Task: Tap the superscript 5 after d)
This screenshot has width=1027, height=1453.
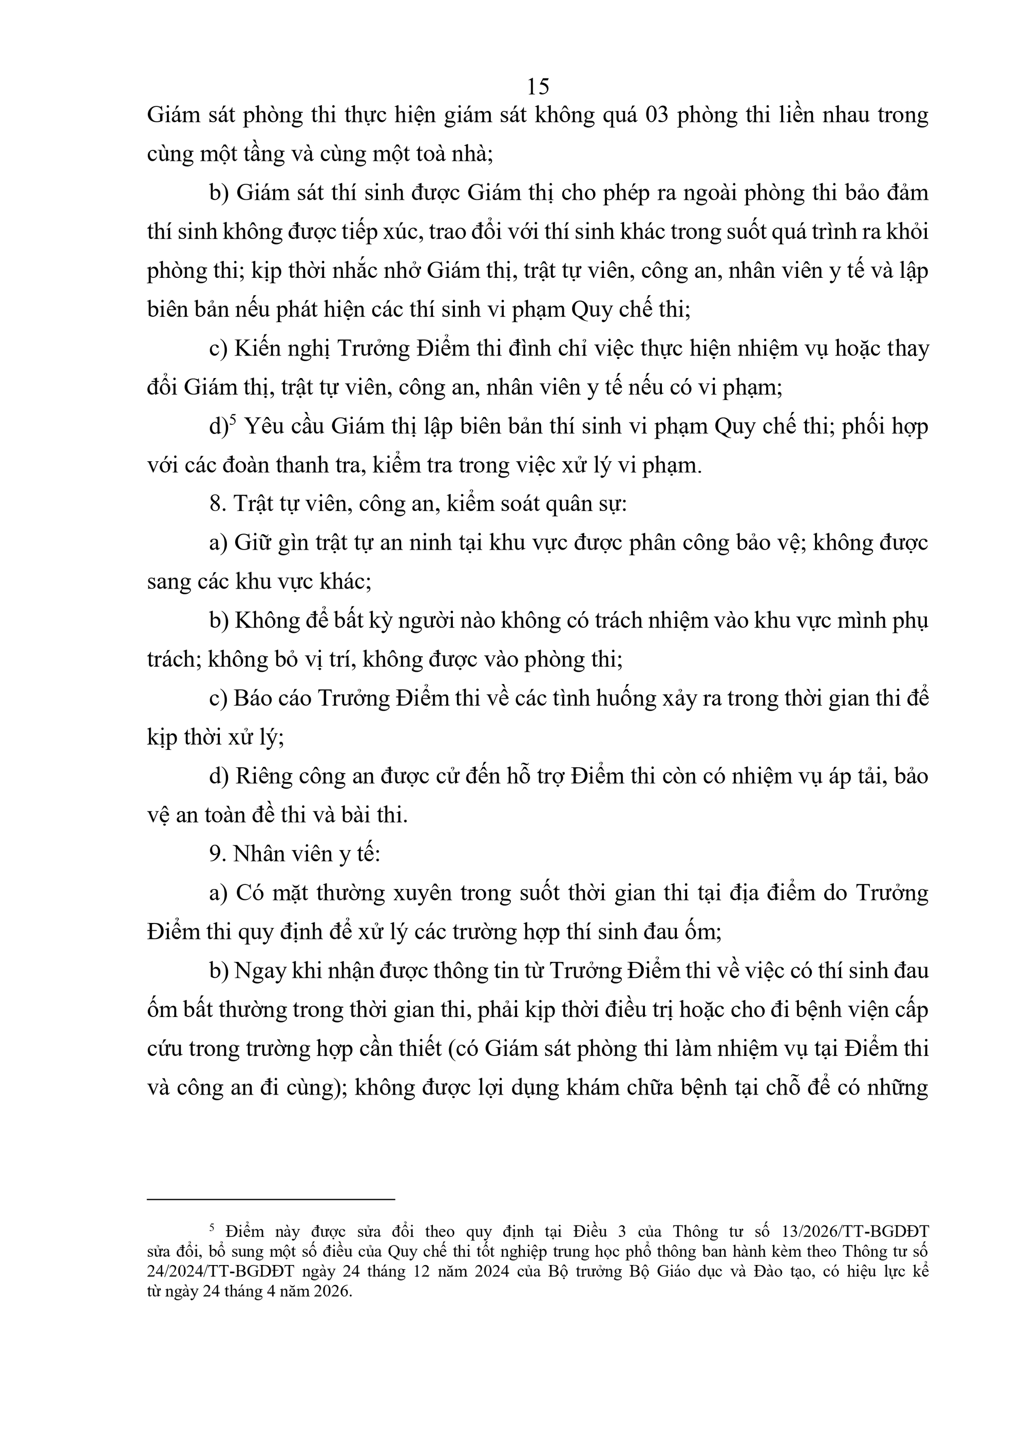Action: click(232, 420)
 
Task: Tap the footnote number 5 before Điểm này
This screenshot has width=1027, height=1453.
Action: click(213, 1228)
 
